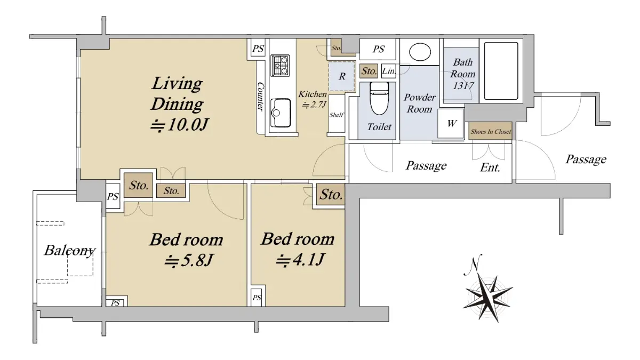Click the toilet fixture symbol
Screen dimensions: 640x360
[x=379, y=98]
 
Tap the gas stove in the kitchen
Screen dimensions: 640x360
[x=280, y=66]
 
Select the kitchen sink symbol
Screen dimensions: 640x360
[x=281, y=113]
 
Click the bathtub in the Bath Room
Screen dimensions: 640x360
[x=501, y=71]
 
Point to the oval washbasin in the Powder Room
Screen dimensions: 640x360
[x=420, y=52]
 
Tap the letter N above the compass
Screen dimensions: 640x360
[x=474, y=265]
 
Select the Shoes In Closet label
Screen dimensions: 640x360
[x=491, y=131]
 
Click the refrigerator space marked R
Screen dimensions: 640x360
[x=342, y=76]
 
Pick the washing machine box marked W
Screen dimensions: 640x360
[x=451, y=123]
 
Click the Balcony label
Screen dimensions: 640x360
[x=69, y=251]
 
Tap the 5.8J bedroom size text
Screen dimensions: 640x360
[x=189, y=260]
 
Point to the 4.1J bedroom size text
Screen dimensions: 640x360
[x=300, y=259]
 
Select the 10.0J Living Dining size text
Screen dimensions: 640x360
[x=179, y=125]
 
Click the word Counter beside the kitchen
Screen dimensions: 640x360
[x=260, y=97]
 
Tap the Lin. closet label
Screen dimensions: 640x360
[x=389, y=70]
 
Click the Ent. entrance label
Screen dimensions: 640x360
[x=490, y=167]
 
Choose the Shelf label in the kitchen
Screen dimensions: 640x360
[x=337, y=115]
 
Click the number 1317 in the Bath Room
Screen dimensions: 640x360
[x=463, y=86]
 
